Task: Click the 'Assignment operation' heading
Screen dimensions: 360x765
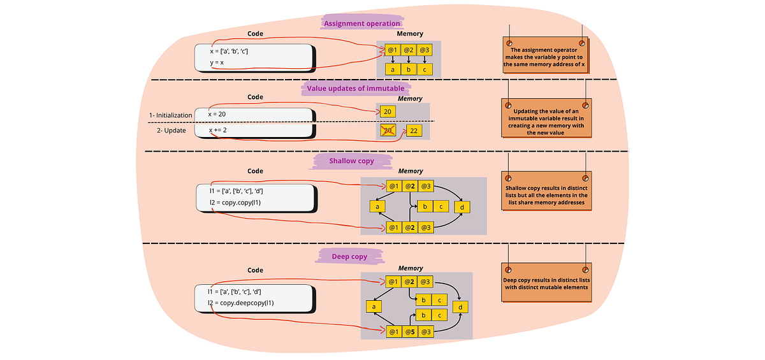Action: point(362,24)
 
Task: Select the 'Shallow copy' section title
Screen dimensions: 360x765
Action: point(351,161)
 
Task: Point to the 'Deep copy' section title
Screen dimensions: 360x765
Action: point(350,256)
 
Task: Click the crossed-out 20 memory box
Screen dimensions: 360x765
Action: point(386,131)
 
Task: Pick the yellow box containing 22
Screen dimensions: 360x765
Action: point(414,131)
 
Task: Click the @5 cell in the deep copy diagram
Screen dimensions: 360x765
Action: point(410,331)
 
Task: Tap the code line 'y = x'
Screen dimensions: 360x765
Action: point(217,62)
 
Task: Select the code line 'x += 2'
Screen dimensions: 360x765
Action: point(219,130)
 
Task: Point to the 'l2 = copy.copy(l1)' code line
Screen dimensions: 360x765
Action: point(235,203)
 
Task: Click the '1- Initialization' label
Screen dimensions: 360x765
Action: point(170,115)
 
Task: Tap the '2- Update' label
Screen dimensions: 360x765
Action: point(172,130)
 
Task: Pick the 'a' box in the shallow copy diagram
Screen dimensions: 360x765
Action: point(377,206)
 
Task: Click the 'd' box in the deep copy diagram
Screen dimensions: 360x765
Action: point(460,307)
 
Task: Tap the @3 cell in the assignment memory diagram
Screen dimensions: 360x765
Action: point(425,50)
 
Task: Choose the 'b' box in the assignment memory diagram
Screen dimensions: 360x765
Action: point(409,69)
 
